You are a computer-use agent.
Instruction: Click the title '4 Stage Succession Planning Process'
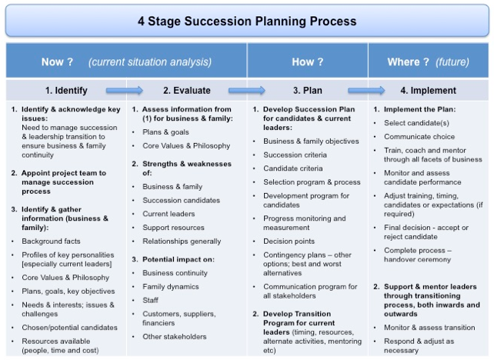(x=247, y=22)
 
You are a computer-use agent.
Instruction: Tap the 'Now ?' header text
(x=57, y=62)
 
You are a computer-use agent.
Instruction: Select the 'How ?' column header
(x=308, y=62)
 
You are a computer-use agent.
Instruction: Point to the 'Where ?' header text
(x=408, y=62)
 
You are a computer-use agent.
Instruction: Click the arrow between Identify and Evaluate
(x=125, y=91)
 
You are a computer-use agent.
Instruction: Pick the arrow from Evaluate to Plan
(x=247, y=91)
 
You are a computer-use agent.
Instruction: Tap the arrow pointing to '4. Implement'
(x=366, y=91)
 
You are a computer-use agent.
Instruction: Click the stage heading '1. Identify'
(x=66, y=91)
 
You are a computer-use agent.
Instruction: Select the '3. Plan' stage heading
(x=308, y=91)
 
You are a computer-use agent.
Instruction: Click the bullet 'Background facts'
(x=51, y=242)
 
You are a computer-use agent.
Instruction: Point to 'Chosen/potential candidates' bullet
(x=69, y=328)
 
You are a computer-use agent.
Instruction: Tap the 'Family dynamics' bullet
(x=171, y=287)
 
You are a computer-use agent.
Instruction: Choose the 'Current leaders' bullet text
(x=169, y=214)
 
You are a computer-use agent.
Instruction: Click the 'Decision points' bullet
(x=289, y=242)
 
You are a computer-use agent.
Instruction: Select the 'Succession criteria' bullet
(x=295, y=155)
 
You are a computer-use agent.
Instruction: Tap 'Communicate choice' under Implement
(x=419, y=137)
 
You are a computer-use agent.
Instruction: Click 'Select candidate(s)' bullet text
(x=416, y=123)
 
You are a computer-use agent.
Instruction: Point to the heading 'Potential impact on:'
(x=179, y=259)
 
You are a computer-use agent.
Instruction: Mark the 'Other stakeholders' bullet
(x=175, y=337)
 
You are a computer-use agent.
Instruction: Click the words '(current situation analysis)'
(x=150, y=62)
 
